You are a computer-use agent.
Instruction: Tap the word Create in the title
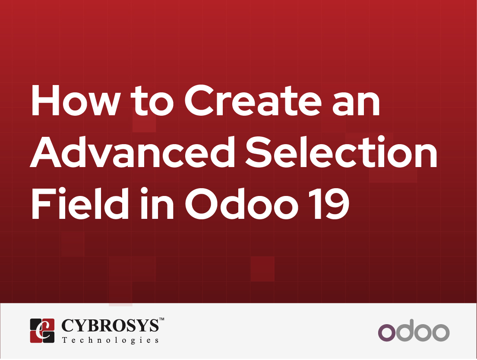[x=253, y=100]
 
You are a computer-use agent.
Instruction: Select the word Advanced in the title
[x=133, y=152]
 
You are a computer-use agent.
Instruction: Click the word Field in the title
[x=80, y=203]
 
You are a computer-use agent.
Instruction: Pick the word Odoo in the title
[x=242, y=203]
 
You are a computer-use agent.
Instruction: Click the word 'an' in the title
[x=356, y=104]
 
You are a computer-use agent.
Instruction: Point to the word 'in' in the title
[x=157, y=203]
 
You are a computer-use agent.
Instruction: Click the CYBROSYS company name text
[x=110, y=325]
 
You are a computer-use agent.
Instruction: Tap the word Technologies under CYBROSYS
[x=110, y=340]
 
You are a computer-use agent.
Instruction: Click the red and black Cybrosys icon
[x=42, y=331]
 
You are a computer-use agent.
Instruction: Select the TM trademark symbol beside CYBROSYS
[x=161, y=319]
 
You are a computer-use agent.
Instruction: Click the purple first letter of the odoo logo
[x=387, y=333]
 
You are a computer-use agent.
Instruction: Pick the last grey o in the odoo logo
[x=441, y=333]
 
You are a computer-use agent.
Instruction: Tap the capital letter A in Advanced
[x=46, y=152]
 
